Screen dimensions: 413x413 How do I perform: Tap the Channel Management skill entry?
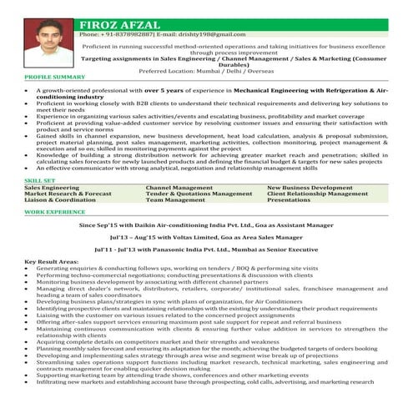(x=179, y=188)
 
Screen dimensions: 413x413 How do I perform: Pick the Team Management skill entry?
(x=175, y=200)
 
